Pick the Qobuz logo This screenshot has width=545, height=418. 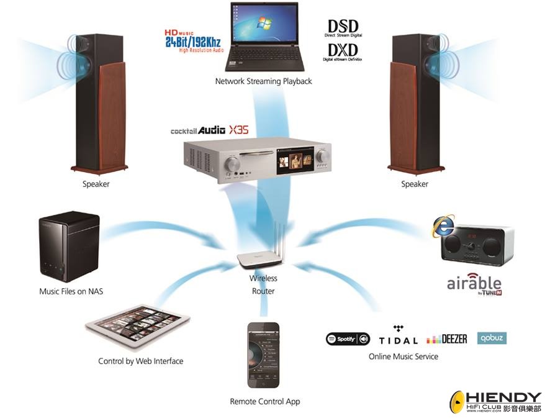coord(492,338)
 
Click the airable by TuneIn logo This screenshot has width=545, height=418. coord(474,284)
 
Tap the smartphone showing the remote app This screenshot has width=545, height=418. coord(263,354)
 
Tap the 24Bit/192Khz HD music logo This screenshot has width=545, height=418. coord(192,40)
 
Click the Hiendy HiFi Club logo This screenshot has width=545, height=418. coord(496,402)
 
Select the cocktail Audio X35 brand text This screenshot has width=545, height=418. coord(204,130)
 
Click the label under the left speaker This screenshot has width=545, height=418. coord(96,184)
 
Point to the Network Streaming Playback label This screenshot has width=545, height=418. coord(263,81)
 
